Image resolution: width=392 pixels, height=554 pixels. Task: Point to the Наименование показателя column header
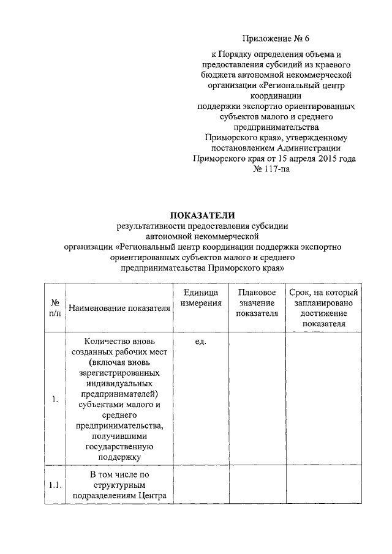[x=119, y=308]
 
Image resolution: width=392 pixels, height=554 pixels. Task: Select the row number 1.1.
[x=55, y=485]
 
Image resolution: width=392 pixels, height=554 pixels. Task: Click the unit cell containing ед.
[x=200, y=341]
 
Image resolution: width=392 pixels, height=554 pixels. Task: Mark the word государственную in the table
[x=119, y=446]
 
